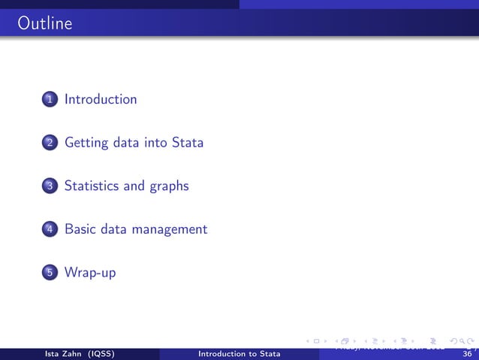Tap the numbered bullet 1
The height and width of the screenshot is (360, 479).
click(49, 100)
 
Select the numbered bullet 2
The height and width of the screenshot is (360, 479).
click(49, 143)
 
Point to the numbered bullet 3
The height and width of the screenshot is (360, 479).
click(49, 186)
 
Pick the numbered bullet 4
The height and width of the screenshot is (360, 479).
click(49, 229)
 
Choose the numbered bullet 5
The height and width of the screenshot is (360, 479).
click(49, 273)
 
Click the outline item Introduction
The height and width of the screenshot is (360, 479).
click(101, 99)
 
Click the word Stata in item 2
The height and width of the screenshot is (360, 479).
click(188, 142)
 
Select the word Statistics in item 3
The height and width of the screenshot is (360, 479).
click(92, 186)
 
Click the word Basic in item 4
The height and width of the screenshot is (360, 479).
click(80, 228)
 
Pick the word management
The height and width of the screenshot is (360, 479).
click(170, 230)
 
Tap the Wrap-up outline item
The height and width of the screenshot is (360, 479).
click(90, 273)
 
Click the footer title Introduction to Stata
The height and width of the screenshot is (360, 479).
click(239, 354)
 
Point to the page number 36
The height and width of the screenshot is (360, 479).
click(467, 354)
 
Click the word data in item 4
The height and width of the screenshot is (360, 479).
click(115, 228)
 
